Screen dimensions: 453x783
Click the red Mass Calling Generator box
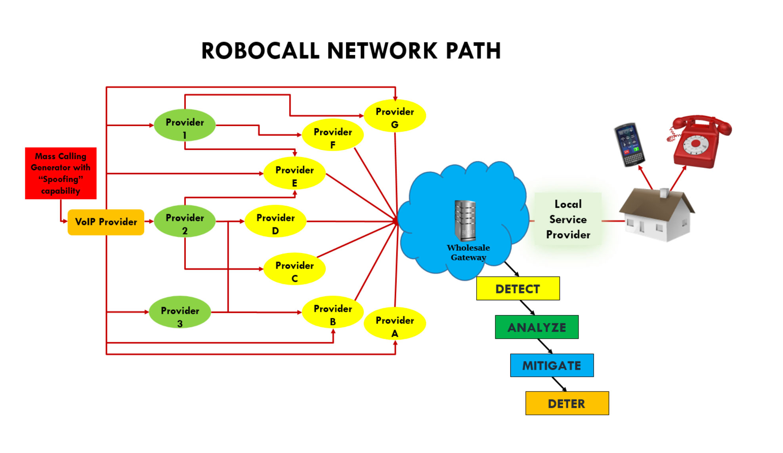coord(61,173)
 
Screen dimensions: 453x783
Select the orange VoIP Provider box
coord(106,222)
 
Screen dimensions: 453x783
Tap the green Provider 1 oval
coord(185,125)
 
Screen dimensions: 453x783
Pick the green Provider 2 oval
coord(185,221)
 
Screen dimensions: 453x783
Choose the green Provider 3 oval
coord(180,312)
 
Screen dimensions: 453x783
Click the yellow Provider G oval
coord(395,115)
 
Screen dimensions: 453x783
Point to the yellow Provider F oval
coord(333,135)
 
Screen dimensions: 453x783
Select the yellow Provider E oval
coord(294,173)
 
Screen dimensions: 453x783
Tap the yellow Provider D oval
coord(275,221)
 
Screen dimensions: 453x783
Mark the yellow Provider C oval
coord(294,269)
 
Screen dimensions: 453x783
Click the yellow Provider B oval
coord(333,312)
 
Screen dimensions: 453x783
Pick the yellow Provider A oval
coord(395,323)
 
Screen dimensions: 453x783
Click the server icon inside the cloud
coord(465,221)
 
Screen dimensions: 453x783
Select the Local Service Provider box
coord(568,219)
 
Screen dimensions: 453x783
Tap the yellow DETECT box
coord(518,289)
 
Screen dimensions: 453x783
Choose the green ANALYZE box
coord(537,327)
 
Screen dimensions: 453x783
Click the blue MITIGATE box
coord(552,365)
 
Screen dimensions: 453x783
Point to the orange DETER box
coord(567,403)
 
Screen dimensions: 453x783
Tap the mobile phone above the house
coord(629,144)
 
